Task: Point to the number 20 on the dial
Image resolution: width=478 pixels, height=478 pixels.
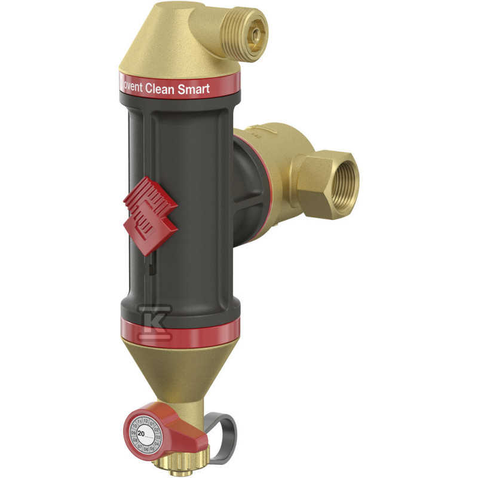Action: (x=141, y=433)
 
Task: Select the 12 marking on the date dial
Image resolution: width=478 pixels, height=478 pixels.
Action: (x=145, y=421)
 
